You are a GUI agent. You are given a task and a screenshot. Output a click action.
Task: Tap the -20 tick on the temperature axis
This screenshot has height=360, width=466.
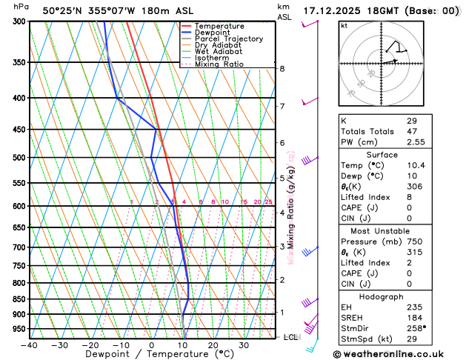(x=90, y=345)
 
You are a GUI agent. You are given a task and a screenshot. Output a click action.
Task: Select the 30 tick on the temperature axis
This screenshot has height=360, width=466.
(x=243, y=345)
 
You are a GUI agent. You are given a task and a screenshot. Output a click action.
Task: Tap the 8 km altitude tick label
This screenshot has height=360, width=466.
(x=282, y=69)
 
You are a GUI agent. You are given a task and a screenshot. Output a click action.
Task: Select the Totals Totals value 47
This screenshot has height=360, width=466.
(x=413, y=130)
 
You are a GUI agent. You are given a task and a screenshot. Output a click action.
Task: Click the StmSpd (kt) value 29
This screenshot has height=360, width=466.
(x=413, y=339)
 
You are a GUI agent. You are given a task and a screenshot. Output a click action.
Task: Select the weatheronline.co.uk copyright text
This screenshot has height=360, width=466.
(x=397, y=353)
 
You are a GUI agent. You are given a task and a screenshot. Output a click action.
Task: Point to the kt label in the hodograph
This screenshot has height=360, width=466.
(x=344, y=25)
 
